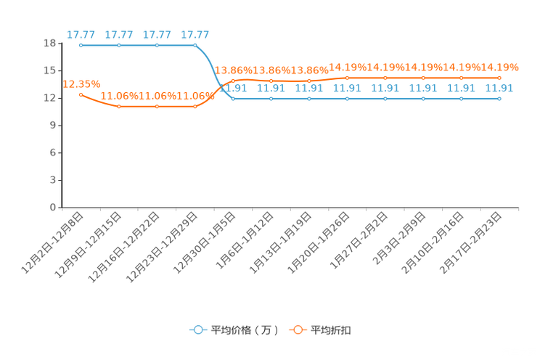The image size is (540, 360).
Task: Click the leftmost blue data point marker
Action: (x=81, y=45)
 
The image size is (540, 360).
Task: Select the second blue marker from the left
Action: (x=119, y=45)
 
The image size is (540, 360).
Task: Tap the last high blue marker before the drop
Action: (x=195, y=45)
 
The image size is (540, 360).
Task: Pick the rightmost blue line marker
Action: (x=499, y=99)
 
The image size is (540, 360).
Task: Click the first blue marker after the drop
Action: (x=233, y=99)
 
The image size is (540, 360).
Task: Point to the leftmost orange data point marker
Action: (x=81, y=94)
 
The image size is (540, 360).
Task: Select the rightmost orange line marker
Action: (x=499, y=77)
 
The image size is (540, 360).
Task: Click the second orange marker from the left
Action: (x=119, y=107)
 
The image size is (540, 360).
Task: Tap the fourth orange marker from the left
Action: (x=195, y=107)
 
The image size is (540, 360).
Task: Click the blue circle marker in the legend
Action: (x=197, y=330)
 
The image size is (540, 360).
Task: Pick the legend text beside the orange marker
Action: (x=332, y=330)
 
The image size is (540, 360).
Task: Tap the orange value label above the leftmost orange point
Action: (x=81, y=83)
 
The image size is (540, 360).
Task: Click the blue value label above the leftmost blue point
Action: (x=81, y=34)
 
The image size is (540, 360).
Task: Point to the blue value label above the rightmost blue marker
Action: (x=499, y=88)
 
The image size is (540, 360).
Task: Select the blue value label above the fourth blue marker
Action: (x=195, y=34)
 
